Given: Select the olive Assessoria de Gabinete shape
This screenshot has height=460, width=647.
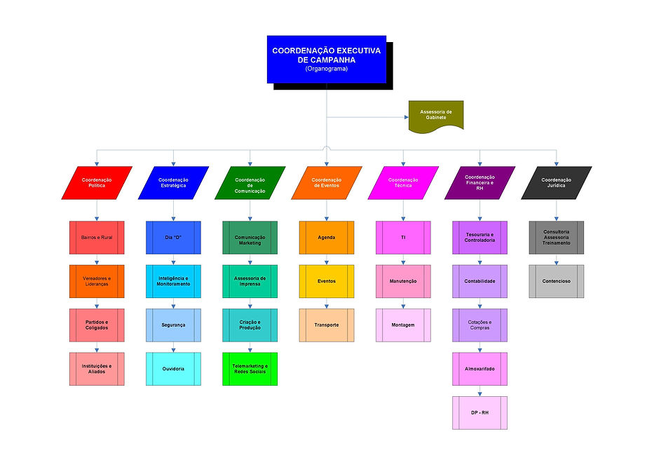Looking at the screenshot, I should [x=435, y=116].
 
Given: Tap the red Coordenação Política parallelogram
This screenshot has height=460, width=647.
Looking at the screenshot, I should [x=97, y=182].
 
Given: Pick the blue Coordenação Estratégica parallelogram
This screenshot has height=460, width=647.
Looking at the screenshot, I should [x=173, y=182].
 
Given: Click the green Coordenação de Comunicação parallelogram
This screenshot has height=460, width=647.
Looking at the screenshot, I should [x=250, y=182].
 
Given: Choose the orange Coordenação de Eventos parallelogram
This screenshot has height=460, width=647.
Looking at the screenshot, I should [x=326, y=182].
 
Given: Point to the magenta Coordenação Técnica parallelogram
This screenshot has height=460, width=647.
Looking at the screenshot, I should [x=403, y=182].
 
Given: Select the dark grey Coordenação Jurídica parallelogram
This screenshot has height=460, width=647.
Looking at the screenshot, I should [x=557, y=182].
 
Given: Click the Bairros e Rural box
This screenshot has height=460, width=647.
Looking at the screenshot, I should [x=97, y=238].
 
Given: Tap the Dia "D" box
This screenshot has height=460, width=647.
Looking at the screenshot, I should [x=173, y=238].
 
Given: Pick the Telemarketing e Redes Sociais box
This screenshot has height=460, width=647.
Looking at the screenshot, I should [x=250, y=369].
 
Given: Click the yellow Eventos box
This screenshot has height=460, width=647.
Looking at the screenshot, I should [x=326, y=281].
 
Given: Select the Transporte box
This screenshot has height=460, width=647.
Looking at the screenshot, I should [x=326, y=325].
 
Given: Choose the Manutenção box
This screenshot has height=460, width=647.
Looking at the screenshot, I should [x=403, y=281].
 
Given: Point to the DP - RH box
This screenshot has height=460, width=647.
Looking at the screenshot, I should [x=479, y=413].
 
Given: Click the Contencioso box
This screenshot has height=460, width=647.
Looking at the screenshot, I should [x=557, y=281].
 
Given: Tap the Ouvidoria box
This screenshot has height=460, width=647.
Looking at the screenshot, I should [x=173, y=369].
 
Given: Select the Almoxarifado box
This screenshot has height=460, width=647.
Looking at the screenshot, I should [x=479, y=369].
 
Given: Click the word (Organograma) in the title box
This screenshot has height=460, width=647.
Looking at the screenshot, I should [x=326, y=69].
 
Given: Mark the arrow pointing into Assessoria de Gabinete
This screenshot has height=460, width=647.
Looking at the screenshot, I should [x=405, y=116].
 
